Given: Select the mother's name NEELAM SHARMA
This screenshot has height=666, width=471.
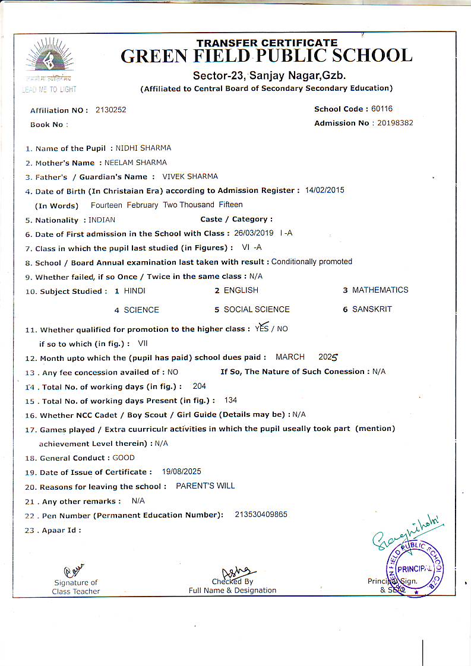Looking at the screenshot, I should click(x=135, y=163).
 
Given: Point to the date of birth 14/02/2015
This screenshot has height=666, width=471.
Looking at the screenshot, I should click(x=324, y=191).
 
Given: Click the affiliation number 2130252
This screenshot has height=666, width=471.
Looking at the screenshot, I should click(x=110, y=110).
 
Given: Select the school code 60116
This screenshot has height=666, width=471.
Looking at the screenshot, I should click(x=382, y=109).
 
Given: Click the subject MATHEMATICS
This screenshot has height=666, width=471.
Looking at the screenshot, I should click(x=380, y=290).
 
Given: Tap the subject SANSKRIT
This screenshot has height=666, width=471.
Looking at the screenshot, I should click(x=372, y=309).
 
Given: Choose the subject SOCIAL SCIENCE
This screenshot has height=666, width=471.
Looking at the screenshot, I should click(x=257, y=309).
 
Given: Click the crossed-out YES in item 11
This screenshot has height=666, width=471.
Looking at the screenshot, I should click(x=261, y=328).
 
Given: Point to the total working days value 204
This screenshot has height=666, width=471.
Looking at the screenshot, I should click(x=200, y=386).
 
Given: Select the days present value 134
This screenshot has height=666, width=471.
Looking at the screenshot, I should click(x=230, y=401).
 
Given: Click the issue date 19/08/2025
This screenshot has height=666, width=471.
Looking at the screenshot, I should click(x=181, y=472).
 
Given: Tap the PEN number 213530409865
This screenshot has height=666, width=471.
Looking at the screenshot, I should click(x=261, y=515).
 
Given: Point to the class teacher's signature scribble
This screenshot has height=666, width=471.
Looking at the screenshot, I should click(x=75, y=570).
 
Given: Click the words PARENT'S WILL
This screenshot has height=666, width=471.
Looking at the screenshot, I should click(x=206, y=486).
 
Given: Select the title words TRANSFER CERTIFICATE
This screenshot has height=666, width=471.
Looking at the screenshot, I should click(x=267, y=43).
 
